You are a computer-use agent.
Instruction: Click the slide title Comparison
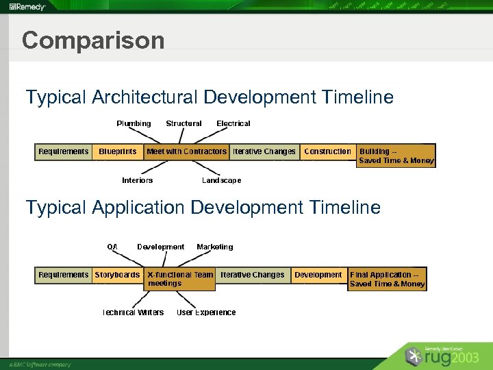tap(93, 40)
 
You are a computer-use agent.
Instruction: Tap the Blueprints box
tap(118, 151)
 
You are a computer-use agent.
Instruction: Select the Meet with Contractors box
tap(186, 151)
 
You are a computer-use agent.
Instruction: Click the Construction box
tap(327, 151)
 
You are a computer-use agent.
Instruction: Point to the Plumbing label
tap(134, 123)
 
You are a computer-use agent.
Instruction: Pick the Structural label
tap(184, 123)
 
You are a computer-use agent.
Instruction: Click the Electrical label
tap(233, 123)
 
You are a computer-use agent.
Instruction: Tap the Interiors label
tap(137, 180)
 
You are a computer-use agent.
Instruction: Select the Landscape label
tap(221, 180)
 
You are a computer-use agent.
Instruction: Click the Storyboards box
tap(117, 275)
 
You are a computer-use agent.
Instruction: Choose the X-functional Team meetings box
tap(180, 279)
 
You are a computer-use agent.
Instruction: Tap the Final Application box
tap(387, 279)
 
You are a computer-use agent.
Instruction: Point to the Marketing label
tap(214, 247)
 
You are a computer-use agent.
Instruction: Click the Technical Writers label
tap(133, 312)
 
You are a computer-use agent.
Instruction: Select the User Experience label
tap(206, 312)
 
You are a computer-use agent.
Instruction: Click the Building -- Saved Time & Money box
tap(396, 156)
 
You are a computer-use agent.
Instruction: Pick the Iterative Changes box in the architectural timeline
tap(264, 151)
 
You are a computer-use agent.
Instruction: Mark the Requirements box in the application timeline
tap(64, 275)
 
